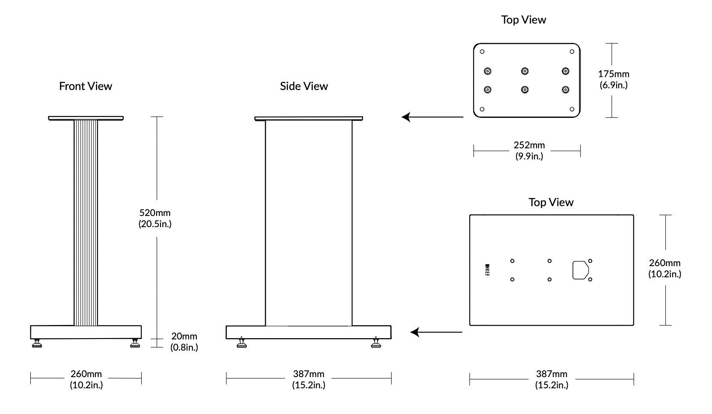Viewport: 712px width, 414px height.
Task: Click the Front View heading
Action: (86, 86)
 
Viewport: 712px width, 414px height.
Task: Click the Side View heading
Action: (304, 86)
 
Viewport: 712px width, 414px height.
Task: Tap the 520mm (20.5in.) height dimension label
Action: (155, 218)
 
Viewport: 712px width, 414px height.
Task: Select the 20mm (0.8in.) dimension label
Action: (184, 342)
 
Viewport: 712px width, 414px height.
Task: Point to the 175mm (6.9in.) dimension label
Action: (614, 79)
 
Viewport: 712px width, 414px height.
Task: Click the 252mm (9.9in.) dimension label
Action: (529, 150)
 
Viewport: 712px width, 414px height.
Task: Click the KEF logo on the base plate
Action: (487, 270)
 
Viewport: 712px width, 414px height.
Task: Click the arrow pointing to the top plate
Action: (432, 117)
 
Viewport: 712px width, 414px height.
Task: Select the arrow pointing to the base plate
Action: (436, 332)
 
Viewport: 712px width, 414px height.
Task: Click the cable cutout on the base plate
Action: (580, 270)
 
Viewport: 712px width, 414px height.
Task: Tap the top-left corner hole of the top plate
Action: (482, 52)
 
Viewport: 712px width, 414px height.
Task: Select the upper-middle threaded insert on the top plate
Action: (525, 71)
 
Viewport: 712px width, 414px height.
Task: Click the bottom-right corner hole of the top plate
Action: (572, 109)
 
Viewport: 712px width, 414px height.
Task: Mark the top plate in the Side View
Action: (309, 118)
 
